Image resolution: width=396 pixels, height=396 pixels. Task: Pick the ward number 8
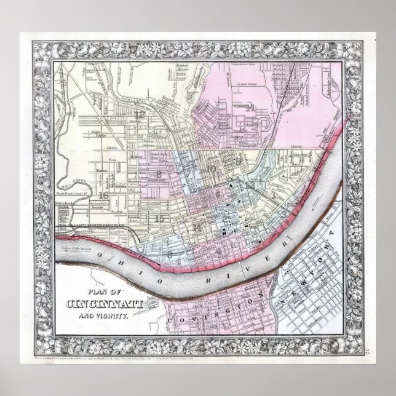pos(159,175)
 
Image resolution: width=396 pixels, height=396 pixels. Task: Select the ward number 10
pos(212,168)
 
